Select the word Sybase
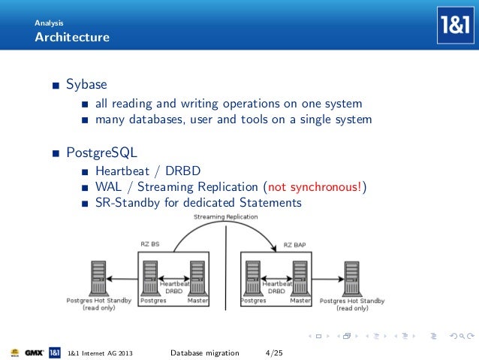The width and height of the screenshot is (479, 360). [86, 84]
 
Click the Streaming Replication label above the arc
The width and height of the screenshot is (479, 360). [225, 216]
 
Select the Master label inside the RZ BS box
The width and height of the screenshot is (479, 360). [197, 301]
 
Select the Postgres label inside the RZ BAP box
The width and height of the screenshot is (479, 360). [253, 301]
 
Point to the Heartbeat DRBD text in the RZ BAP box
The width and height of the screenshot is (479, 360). [277, 287]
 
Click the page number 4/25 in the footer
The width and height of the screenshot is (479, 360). [275, 352]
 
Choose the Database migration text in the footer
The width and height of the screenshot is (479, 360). [204, 352]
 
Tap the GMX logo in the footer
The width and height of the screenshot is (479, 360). [34, 352]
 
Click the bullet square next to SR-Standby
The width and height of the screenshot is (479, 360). [87, 204]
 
